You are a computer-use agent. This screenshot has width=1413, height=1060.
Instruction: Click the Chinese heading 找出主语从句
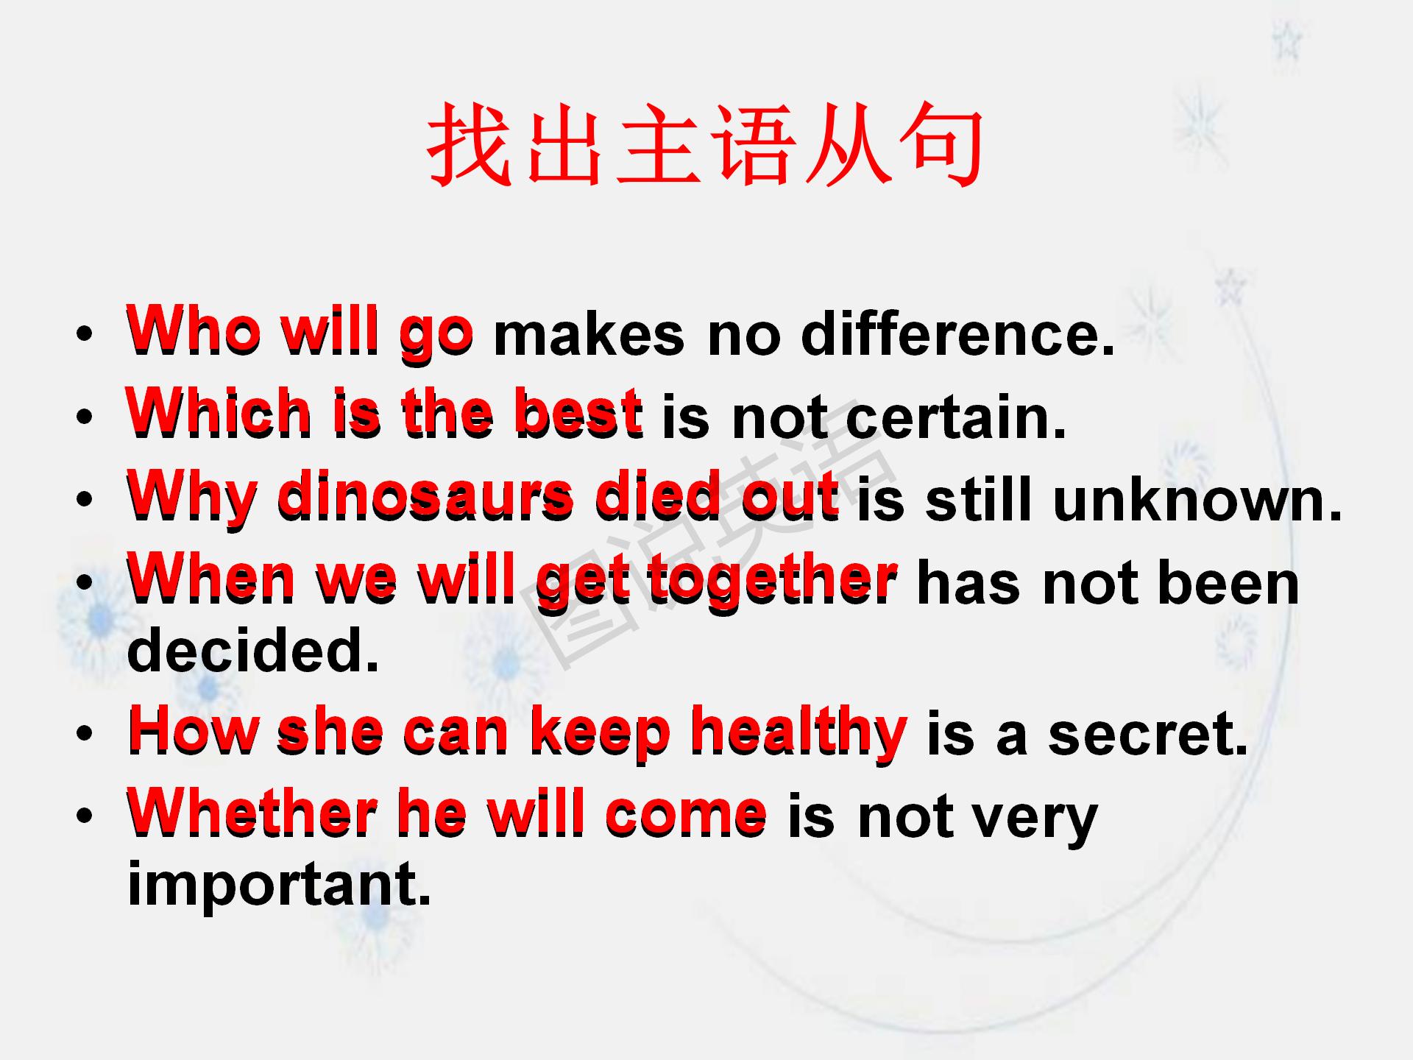tap(705, 144)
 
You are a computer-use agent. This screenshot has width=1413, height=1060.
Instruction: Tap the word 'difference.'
tap(957, 334)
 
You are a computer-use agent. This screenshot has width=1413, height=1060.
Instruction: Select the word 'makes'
tap(588, 335)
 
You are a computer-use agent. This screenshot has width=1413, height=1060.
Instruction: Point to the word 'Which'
tap(219, 414)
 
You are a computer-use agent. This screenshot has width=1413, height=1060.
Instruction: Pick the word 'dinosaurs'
tap(425, 496)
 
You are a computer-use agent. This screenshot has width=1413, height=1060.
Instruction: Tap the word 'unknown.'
tap(1197, 501)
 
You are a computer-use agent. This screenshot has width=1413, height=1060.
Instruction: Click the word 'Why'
tap(192, 498)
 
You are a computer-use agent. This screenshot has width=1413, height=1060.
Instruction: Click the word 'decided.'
tap(252, 651)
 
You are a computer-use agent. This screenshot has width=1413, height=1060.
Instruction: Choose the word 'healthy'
tap(798, 732)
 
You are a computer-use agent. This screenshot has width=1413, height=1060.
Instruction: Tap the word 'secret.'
tap(1148, 734)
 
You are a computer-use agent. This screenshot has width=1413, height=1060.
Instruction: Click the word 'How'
tap(193, 732)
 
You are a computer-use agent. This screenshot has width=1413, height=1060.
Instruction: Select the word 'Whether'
tap(252, 814)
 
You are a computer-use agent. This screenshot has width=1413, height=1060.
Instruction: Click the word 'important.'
tap(279, 885)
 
